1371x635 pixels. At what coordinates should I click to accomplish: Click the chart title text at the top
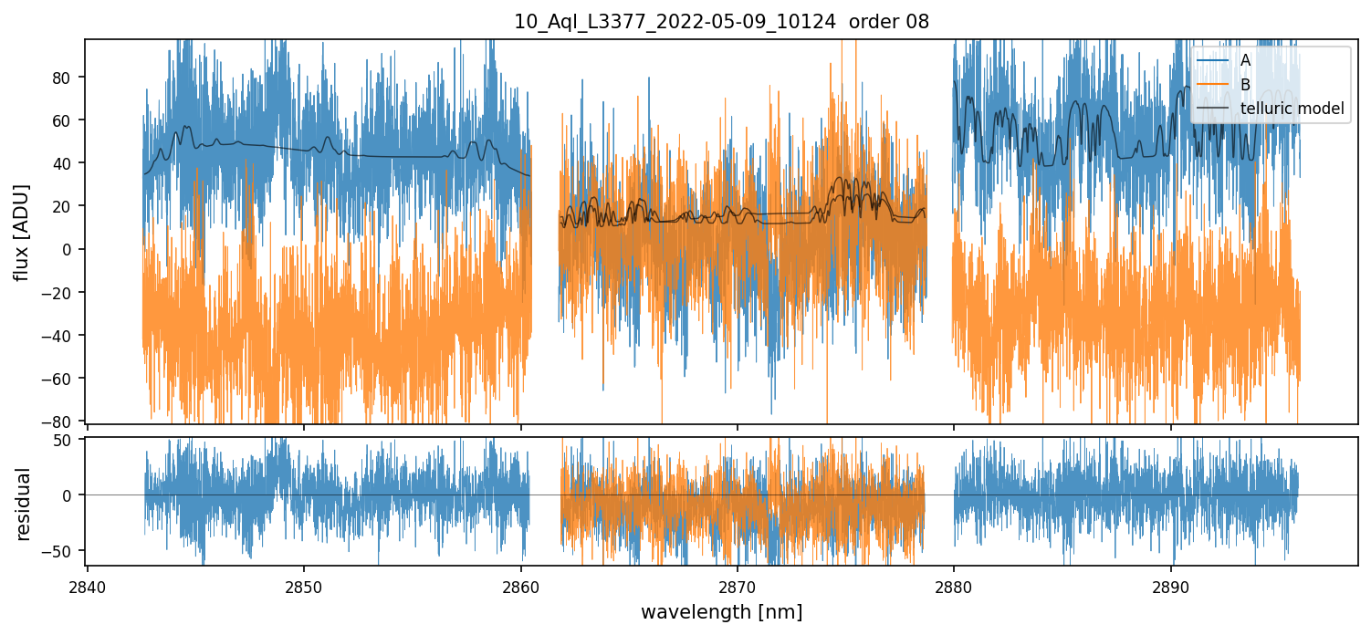pos(721,22)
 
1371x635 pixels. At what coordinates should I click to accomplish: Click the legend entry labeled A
pos(1246,60)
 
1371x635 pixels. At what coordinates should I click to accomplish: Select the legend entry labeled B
pos(1246,85)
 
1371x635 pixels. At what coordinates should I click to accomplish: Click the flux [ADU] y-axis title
pos(22,232)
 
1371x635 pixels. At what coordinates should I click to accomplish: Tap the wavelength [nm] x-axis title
pos(721,611)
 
